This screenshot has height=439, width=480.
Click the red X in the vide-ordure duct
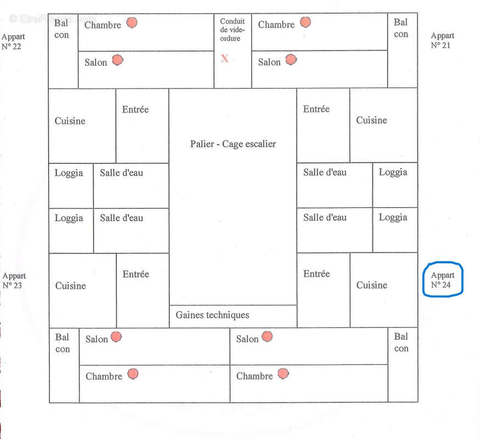[225, 58]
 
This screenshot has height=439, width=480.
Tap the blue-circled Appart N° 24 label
[442, 280]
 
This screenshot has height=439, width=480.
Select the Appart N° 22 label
[13, 41]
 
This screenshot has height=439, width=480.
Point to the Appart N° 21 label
[442, 41]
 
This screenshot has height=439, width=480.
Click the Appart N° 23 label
[14, 280]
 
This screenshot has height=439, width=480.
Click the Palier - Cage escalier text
[233, 144]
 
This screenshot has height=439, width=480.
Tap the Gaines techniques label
[212, 315]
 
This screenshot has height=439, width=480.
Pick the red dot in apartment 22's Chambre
[132, 22]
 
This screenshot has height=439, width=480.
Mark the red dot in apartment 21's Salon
[291, 59]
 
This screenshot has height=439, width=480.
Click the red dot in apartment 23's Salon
[116, 337]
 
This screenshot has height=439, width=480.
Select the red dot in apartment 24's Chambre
[283, 374]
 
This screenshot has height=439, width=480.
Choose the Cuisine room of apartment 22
[82, 126]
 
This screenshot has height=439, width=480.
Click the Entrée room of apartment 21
[323, 126]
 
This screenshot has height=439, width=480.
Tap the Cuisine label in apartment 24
[372, 285]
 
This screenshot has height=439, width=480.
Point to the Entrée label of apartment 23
[136, 274]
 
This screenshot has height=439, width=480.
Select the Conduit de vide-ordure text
[232, 30]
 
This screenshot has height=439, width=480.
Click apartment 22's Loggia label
[69, 173]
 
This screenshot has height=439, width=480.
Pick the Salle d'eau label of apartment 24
[325, 217]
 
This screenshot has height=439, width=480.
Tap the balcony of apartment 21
[403, 50]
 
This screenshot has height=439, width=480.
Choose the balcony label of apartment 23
[63, 343]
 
